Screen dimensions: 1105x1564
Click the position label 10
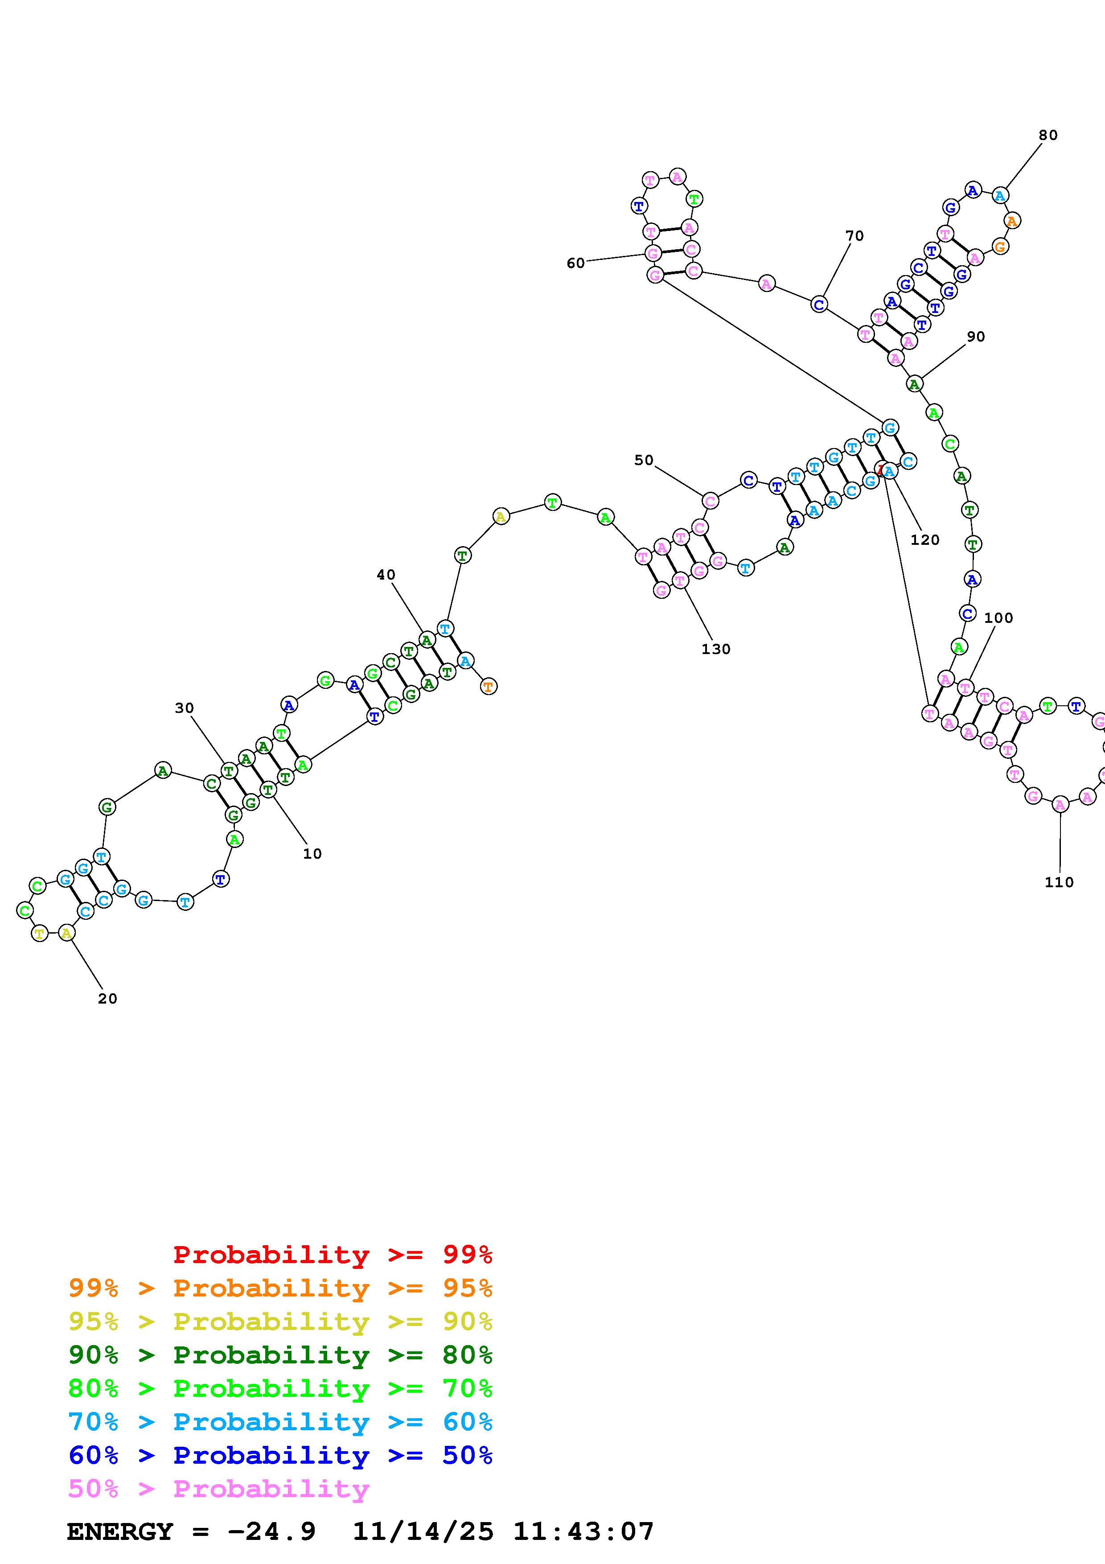(312, 853)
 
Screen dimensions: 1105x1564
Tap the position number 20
(107, 999)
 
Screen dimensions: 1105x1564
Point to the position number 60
(575, 263)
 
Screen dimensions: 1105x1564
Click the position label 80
(1048, 136)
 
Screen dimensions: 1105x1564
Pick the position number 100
(998, 618)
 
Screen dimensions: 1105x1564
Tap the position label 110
(1059, 882)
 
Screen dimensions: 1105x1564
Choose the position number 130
(715, 649)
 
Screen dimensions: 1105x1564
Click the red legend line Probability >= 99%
(332, 1254)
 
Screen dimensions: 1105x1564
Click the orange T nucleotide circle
(488, 687)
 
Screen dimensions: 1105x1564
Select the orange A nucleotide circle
(1012, 221)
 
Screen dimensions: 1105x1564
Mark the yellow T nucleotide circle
(40, 933)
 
